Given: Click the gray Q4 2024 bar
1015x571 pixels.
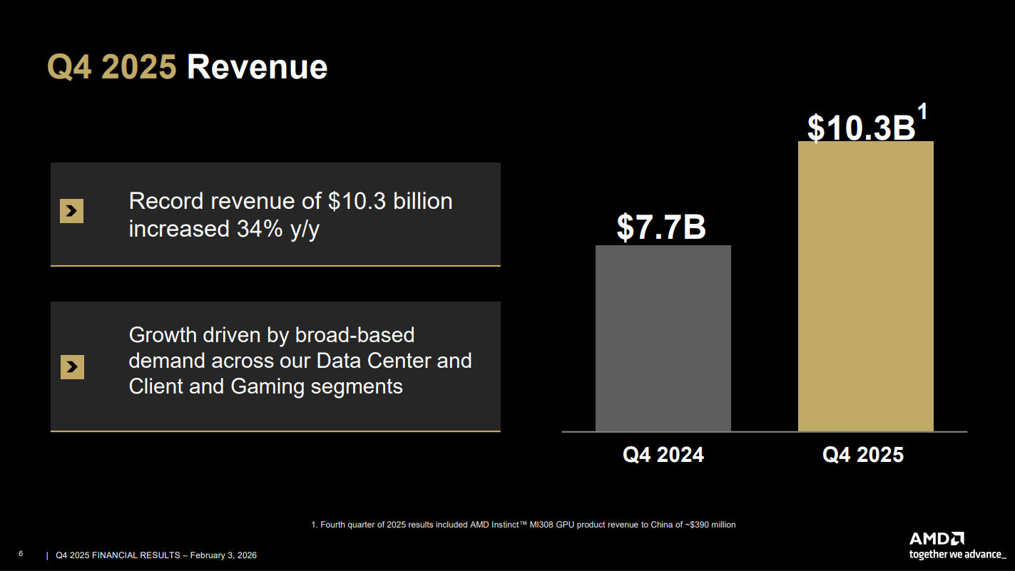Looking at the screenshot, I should point(663,338).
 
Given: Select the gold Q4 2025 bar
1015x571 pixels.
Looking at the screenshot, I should point(865,286).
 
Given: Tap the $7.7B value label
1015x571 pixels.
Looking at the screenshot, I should point(661,227).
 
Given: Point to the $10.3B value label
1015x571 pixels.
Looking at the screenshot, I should point(861,128).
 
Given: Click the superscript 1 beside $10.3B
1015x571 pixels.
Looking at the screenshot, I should point(922,113).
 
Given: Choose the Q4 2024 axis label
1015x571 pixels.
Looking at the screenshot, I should point(663,455).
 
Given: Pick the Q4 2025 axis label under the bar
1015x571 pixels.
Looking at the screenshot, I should point(863,455).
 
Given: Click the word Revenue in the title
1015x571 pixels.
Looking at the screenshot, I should point(257,68).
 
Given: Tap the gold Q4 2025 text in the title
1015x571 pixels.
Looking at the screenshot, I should point(112,68).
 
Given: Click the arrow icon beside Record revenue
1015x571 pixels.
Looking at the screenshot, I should point(71,211).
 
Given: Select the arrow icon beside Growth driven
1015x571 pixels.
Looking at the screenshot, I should point(72,366).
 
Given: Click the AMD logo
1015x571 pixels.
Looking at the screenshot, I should point(937,539).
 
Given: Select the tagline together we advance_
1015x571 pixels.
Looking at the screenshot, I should point(957,554).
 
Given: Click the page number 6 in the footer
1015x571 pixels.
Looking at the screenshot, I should point(21,554).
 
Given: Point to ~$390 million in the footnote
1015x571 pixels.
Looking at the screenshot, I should point(709,525).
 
